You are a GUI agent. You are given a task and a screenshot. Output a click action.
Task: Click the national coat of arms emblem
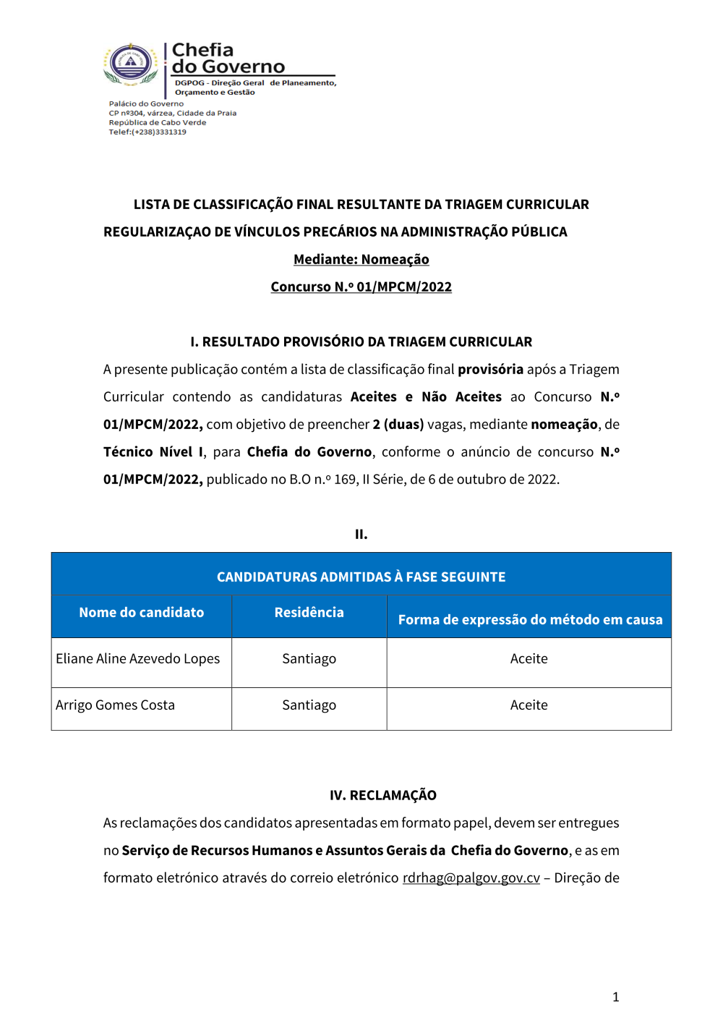(x=130, y=64)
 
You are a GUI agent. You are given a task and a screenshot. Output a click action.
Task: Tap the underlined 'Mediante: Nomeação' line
(x=361, y=259)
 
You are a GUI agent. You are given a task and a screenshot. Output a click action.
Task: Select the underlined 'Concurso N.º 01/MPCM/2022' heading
(x=361, y=286)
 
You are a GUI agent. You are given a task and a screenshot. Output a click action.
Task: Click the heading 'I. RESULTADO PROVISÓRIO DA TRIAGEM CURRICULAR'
(x=361, y=341)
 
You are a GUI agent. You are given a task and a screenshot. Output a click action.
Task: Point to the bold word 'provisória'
(x=490, y=369)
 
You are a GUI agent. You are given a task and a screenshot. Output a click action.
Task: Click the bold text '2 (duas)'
(x=398, y=424)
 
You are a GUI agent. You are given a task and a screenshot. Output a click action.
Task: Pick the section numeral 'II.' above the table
(x=361, y=534)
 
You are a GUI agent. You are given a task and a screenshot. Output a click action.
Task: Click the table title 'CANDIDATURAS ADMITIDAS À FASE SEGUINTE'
(x=361, y=577)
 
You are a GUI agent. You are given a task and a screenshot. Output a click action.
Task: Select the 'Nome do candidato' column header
(x=142, y=612)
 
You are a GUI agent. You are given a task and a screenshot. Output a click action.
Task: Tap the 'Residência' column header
(x=309, y=612)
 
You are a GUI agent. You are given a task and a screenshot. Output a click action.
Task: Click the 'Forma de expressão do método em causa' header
(x=530, y=619)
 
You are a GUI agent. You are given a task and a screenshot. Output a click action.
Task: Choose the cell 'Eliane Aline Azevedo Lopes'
(x=138, y=658)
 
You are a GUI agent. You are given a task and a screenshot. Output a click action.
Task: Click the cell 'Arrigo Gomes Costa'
(x=116, y=705)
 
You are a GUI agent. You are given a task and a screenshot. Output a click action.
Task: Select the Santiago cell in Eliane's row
(x=309, y=658)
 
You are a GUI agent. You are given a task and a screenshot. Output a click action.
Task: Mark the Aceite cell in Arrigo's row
(x=529, y=705)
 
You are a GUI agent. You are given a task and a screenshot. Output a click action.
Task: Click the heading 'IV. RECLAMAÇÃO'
(x=382, y=795)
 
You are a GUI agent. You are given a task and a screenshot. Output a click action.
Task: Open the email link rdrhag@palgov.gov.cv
(x=471, y=878)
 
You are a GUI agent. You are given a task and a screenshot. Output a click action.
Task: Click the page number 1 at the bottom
(x=615, y=997)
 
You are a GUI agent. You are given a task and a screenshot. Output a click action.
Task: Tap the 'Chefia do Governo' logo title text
(x=228, y=59)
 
